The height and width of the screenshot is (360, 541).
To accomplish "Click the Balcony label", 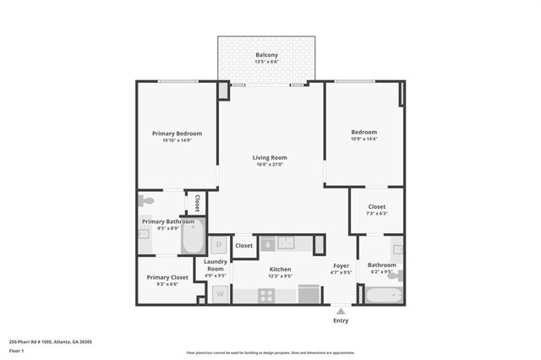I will (266, 55).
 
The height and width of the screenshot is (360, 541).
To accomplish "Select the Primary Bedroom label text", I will (177, 134).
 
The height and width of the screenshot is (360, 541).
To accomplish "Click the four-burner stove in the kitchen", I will (266, 296).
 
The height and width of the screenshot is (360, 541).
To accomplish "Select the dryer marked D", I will (219, 245).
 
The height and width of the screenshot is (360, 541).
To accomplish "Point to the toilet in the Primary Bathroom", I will (147, 201).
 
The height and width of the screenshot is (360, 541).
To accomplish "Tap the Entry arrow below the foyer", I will (341, 311).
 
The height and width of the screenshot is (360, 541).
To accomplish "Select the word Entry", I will (341, 321).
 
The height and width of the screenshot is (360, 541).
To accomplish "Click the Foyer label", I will (341, 266).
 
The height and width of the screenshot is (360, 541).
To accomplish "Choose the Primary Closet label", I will (167, 277).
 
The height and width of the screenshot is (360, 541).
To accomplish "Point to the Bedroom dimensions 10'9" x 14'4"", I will (364, 139).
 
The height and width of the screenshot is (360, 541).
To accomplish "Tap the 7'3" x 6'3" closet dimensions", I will (377, 214).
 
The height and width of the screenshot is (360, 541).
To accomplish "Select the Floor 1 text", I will (17, 350).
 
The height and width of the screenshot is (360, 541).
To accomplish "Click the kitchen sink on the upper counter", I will (286, 243).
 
